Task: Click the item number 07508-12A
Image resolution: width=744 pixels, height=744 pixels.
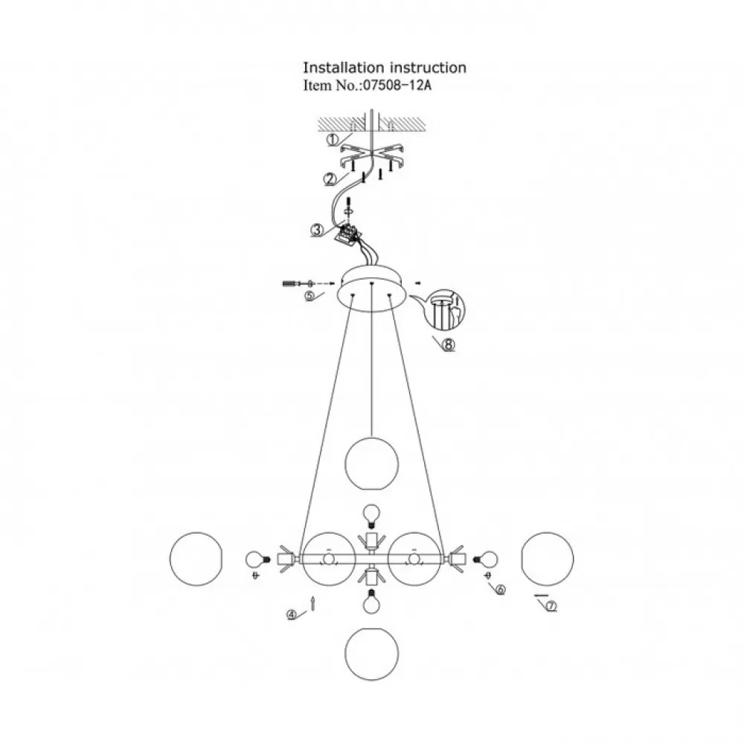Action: [x=397, y=86]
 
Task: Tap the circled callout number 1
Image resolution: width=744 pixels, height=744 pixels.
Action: [x=333, y=140]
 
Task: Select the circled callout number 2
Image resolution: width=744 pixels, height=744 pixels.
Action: [x=330, y=179]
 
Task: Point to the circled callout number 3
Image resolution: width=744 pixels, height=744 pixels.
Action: [x=317, y=230]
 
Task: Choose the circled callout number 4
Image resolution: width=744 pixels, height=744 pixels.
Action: [x=292, y=615]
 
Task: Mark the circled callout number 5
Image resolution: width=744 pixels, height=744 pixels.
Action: [x=310, y=296]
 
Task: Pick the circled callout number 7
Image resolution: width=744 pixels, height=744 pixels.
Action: [x=551, y=606]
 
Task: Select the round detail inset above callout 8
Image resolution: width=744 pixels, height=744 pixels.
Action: [x=445, y=310]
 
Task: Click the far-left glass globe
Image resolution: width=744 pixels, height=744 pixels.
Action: [x=196, y=559]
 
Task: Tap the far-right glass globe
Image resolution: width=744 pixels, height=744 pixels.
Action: [x=547, y=559]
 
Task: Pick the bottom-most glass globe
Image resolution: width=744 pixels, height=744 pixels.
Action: [x=371, y=654]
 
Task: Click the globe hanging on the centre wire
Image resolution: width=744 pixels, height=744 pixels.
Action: [x=371, y=464]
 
